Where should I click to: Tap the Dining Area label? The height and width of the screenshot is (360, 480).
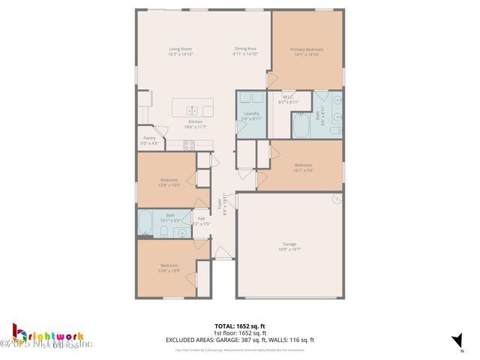pos(244,49)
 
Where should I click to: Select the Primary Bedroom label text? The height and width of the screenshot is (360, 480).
pos(306,49)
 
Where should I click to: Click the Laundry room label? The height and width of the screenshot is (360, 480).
pos(251,113)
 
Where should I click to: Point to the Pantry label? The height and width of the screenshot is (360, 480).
pos(149,137)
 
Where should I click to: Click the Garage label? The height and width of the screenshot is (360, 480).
pos(289,244)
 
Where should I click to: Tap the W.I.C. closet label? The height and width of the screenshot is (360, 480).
pos(289,97)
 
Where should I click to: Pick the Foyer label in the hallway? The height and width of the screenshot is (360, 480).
pos(220,202)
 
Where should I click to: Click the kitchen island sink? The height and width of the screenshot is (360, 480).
pos(191,109)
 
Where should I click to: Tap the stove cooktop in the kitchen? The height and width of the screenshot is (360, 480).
pos(189,145)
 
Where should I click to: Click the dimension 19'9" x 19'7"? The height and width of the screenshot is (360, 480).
pos(289,249)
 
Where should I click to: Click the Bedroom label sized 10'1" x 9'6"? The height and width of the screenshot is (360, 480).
pos(303,165)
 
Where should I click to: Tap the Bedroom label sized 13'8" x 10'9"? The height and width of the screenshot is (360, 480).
pos(169,265)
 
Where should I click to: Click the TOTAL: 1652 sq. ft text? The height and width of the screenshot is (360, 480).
pos(240,325)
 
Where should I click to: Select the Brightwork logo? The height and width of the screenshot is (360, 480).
pos(49,335)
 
